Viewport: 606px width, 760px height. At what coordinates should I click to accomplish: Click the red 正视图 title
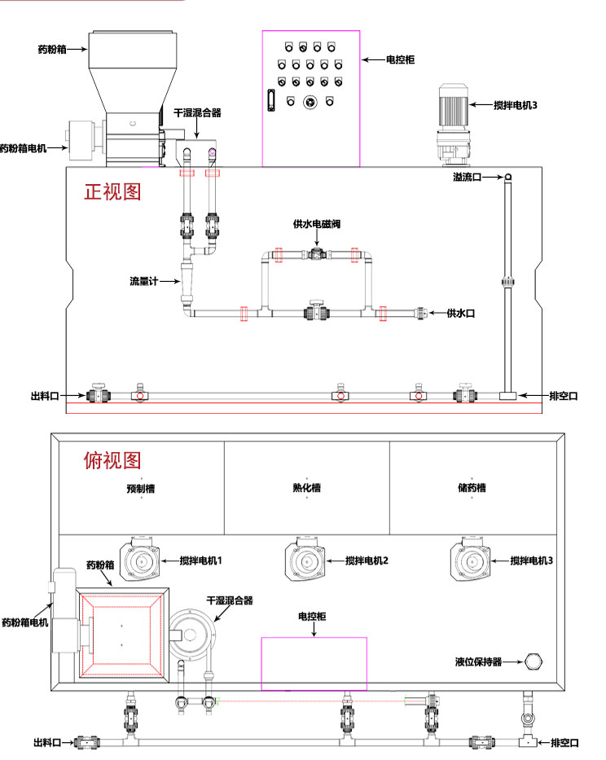click(112, 191)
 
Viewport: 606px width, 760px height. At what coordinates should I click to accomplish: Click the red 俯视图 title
click(112, 460)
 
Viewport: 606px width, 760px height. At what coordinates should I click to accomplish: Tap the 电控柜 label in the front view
click(400, 59)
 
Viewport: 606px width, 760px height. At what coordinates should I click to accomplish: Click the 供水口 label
click(460, 313)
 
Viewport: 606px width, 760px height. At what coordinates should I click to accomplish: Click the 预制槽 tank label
click(141, 489)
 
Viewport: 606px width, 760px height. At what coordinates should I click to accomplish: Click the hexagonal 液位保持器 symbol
click(535, 661)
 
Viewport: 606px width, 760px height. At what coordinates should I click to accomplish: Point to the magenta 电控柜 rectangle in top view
click(314, 663)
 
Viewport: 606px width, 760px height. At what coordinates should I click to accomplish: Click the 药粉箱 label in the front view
click(52, 49)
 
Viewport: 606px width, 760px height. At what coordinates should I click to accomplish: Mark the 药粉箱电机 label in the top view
click(25, 622)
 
